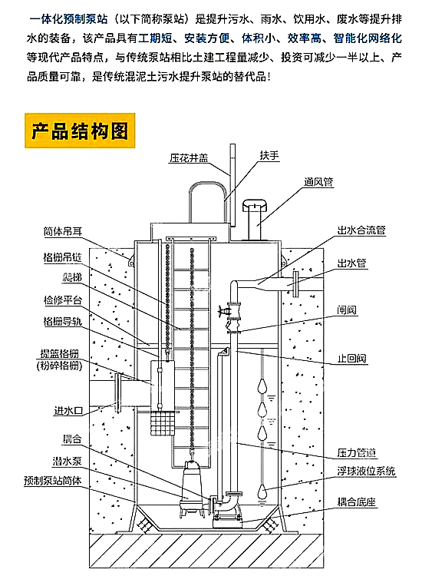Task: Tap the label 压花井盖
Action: tap(188, 158)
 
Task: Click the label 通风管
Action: tap(318, 182)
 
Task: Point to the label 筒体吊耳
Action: tap(63, 230)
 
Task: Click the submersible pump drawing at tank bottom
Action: tap(188, 492)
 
